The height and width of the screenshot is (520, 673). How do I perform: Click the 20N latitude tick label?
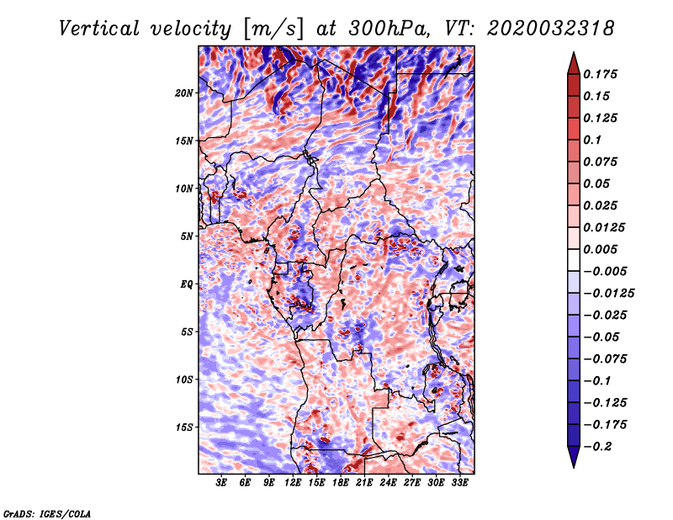184,93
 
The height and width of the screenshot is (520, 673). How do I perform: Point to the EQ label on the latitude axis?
187,284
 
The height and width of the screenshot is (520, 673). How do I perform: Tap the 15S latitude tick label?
184,427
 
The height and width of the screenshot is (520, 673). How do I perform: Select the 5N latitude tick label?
187,236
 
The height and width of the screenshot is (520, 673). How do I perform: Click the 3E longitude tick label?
221,482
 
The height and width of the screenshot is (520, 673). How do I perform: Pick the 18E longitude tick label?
341,482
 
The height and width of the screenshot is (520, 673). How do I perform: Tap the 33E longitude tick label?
459,482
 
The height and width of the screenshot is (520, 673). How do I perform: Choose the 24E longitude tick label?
388,482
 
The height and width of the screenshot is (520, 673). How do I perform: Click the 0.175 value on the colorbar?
600,74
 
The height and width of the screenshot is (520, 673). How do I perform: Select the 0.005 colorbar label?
600,249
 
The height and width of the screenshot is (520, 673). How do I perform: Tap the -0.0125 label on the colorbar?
608,294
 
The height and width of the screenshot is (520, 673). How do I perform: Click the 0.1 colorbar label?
592,140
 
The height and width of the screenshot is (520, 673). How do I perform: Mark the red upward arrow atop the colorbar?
574,63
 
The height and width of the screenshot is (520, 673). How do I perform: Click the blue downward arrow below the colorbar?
574,457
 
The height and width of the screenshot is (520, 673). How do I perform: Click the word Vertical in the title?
98,29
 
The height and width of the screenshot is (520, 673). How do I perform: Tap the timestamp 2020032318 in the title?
550,29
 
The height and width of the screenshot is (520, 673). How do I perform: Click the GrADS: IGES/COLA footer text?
47,513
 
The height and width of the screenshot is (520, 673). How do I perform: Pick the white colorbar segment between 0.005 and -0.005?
574,260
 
